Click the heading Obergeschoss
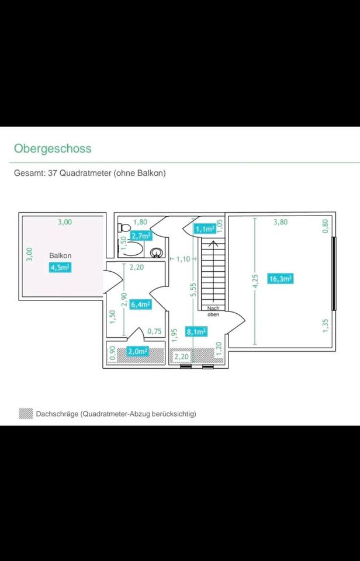click(53, 148)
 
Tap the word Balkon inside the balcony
click(60, 256)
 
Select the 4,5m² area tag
click(60, 268)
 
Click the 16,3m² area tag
click(281, 279)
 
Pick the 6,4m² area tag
click(141, 304)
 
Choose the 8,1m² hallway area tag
click(196, 331)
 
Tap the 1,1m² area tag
click(205, 229)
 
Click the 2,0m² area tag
click(137, 351)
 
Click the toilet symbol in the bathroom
click(123, 228)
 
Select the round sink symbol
click(156, 252)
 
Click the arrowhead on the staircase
click(214, 241)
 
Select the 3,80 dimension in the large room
click(281, 222)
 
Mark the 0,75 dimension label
click(154, 331)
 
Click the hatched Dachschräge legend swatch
click(26, 414)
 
